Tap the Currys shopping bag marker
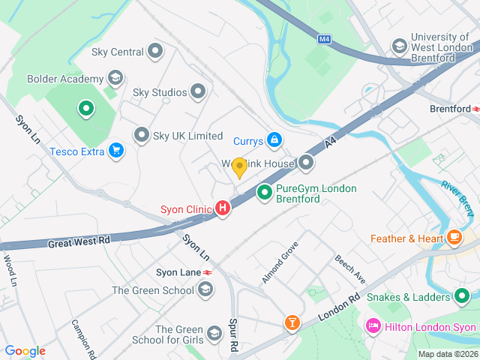(275, 139)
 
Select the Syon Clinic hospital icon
(223, 208)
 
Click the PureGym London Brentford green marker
(264, 193)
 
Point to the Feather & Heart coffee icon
(454, 238)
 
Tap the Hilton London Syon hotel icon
(372, 327)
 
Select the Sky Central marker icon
(155, 52)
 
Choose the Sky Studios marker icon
(198, 92)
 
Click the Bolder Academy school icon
(115, 78)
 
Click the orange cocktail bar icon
(291, 323)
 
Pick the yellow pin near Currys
(239, 168)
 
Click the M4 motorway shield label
(323, 39)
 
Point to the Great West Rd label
(79, 242)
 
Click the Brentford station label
(450, 109)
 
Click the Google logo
(25, 351)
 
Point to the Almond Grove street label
(280, 262)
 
